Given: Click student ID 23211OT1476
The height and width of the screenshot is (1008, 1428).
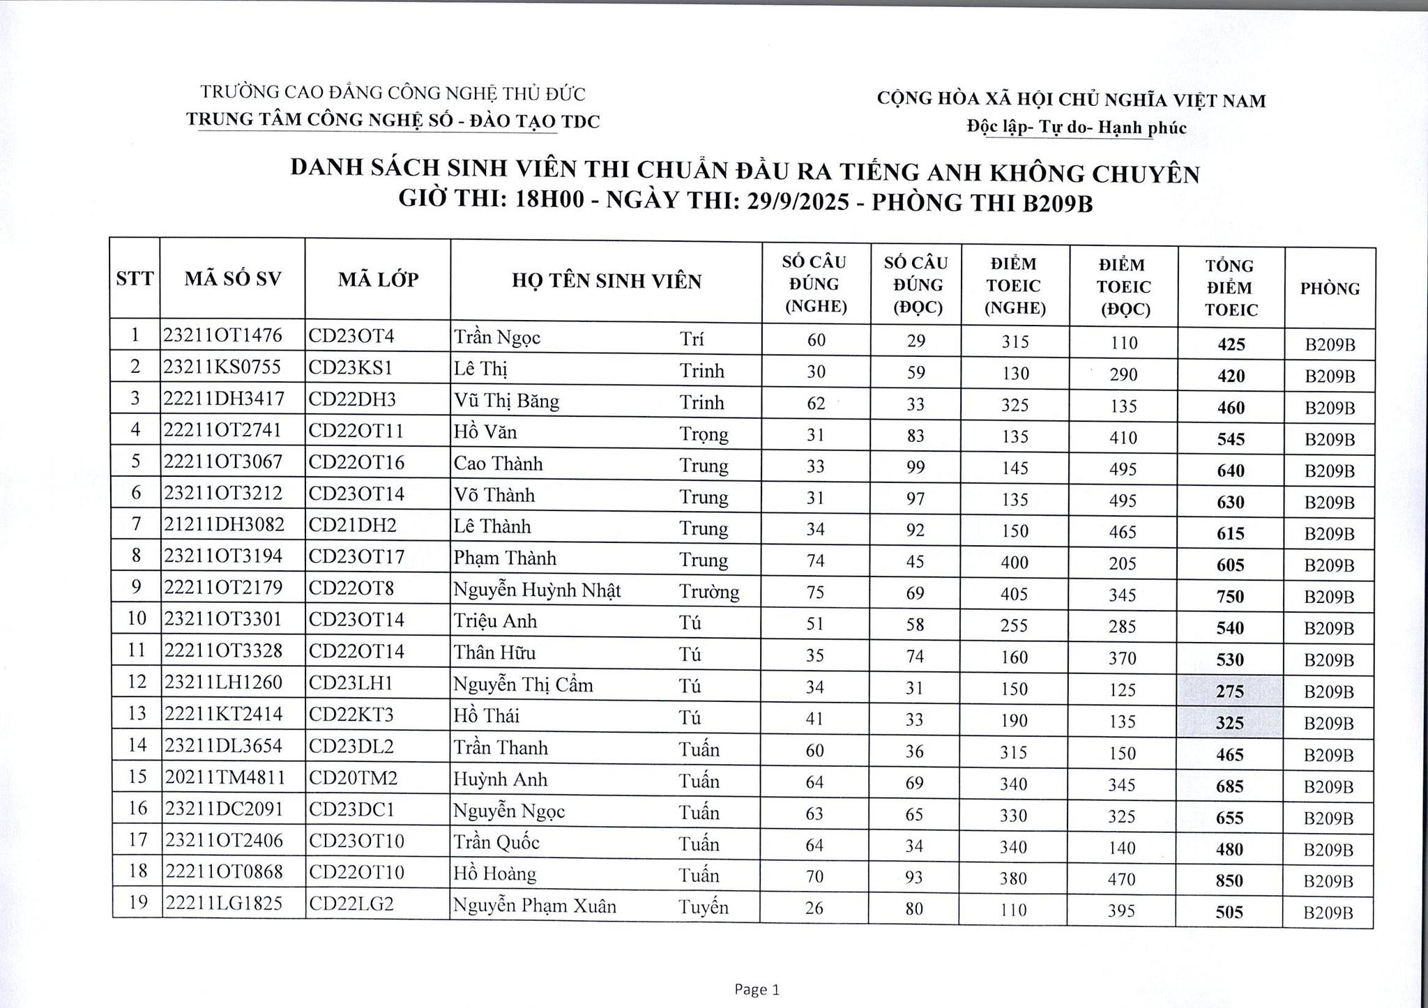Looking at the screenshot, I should [223, 336].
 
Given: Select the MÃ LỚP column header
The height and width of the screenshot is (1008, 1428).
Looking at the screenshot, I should [378, 280].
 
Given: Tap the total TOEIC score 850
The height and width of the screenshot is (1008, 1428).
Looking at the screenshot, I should [1229, 880].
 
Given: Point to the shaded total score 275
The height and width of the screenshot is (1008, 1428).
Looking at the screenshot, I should [1229, 692].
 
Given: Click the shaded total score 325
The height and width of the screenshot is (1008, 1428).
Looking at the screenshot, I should [1229, 723].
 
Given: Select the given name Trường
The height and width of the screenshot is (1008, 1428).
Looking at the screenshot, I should [709, 591].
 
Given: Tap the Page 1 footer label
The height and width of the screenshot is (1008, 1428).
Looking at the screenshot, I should [757, 989].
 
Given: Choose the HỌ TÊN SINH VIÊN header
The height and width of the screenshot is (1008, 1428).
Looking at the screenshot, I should [606, 281].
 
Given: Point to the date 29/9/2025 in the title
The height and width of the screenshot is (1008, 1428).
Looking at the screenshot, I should [798, 201].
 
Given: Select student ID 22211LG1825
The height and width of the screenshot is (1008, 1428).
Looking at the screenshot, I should [223, 903].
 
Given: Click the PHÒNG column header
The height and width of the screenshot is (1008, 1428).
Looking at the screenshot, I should [1330, 288].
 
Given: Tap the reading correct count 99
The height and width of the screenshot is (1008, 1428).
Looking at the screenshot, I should [916, 466].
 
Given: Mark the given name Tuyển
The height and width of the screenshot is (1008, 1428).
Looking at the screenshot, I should [704, 907].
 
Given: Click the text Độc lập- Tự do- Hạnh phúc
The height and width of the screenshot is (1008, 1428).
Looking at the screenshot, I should [1077, 127].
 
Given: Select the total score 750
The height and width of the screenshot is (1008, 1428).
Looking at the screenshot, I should [1230, 597].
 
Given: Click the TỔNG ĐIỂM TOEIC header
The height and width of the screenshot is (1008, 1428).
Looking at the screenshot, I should [1231, 287].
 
